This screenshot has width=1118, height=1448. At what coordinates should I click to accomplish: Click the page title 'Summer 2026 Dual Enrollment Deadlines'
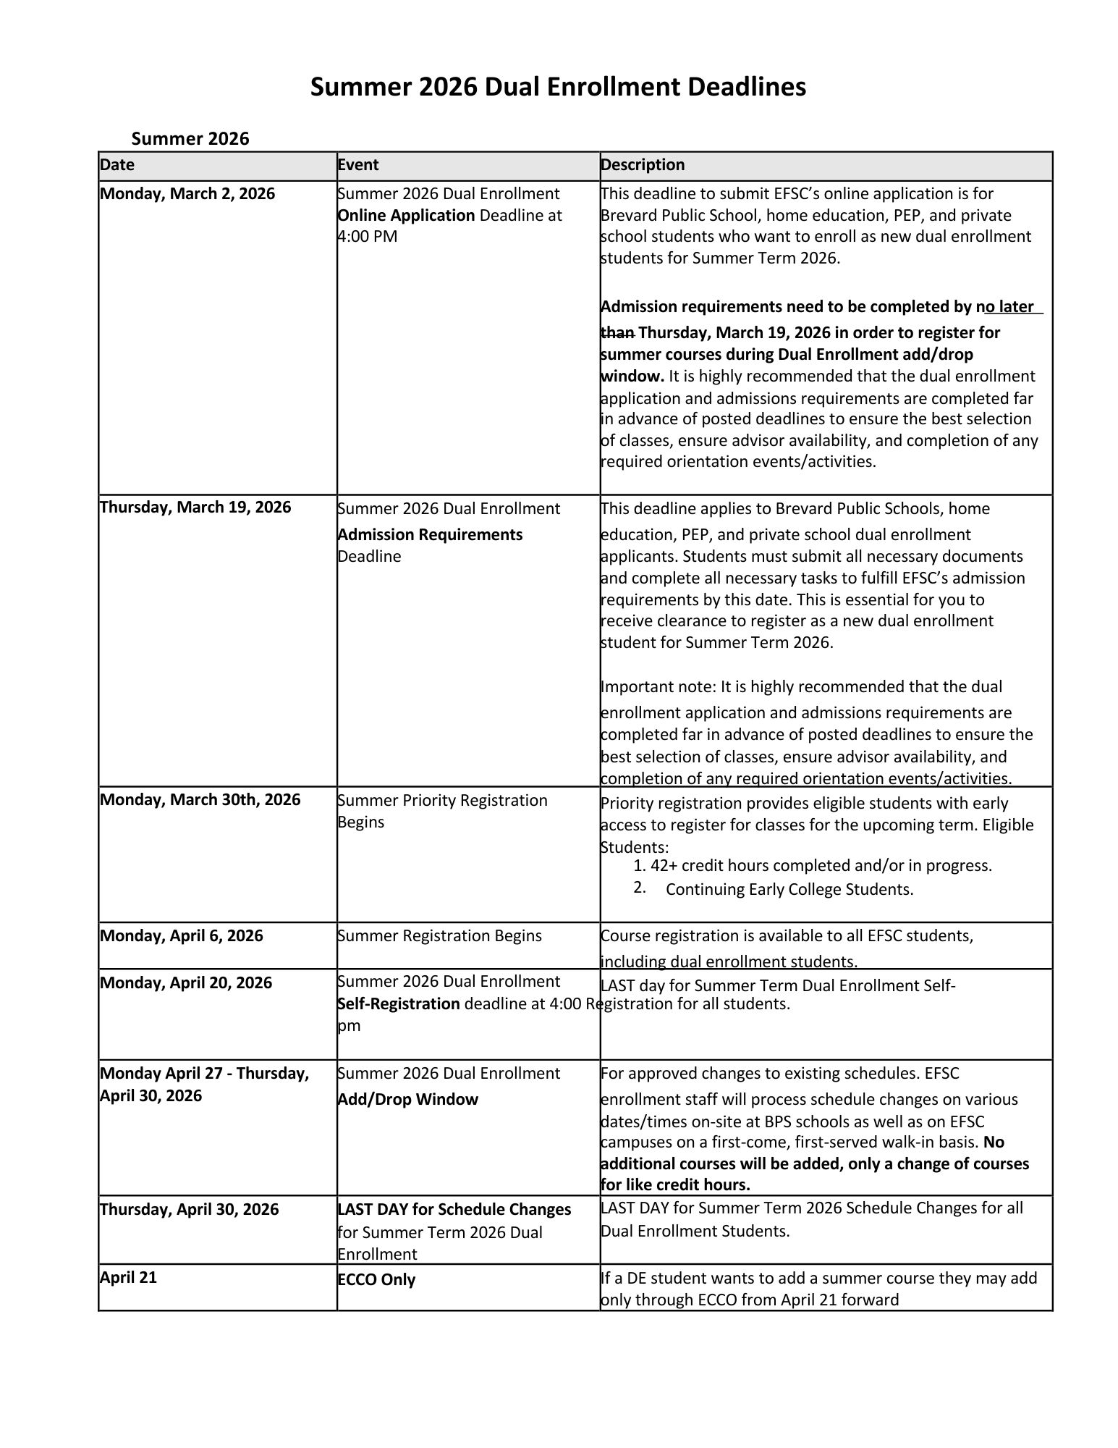(x=558, y=88)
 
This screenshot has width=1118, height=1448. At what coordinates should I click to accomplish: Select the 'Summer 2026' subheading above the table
(x=190, y=138)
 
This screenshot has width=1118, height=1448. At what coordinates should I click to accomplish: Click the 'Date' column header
(x=117, y=165)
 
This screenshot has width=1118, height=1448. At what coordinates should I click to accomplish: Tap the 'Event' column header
(x=358, y=165)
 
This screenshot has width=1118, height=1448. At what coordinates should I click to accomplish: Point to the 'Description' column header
(x=643, y=165)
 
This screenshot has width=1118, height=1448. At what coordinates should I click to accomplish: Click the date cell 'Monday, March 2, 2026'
(x=187, y=194)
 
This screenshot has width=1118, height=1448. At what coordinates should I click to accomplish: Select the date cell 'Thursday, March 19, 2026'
(x=195, y=507)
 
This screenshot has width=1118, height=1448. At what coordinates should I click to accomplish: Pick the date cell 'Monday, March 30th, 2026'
(x=200, y=799)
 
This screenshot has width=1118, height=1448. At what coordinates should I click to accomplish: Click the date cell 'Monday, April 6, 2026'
(x=182, y=935)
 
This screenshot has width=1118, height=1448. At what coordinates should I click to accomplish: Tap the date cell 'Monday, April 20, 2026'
(x=186, y=982)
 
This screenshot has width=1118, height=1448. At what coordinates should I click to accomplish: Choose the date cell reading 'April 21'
(x=128, y=1277)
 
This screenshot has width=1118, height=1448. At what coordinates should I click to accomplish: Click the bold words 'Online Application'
(x=406, y=216)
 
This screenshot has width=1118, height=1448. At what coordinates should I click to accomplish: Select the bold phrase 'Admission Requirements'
(x=430, y=534)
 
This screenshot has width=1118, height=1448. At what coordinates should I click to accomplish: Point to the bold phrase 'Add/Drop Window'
(x=407, y=1099)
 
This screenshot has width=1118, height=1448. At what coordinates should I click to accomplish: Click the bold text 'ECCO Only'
(x=376, y=1279)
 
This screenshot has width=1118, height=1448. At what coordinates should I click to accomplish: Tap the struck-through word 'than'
(x=618, y=332)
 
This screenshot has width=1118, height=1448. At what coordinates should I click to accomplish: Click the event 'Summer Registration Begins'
(x=439, y=935)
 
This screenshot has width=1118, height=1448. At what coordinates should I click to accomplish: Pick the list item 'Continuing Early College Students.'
(x=789, y=889)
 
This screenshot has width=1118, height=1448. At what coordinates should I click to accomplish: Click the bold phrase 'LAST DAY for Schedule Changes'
(x=454, y=1209)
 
